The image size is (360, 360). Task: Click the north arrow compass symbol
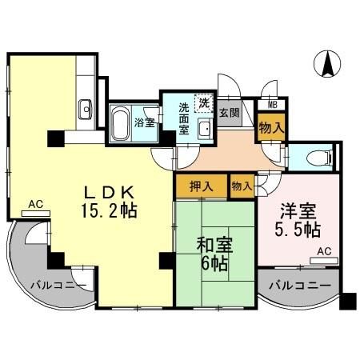[327, 65]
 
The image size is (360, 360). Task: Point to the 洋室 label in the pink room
[298, 212]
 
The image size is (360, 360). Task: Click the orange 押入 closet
[201, 186]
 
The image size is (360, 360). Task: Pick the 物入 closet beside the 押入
[242, 186]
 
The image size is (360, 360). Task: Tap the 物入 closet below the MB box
[272, 126]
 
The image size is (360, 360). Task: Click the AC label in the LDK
[35, 205]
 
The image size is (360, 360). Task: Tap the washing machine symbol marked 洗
[205, 102]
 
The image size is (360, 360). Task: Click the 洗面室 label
[183, 118]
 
